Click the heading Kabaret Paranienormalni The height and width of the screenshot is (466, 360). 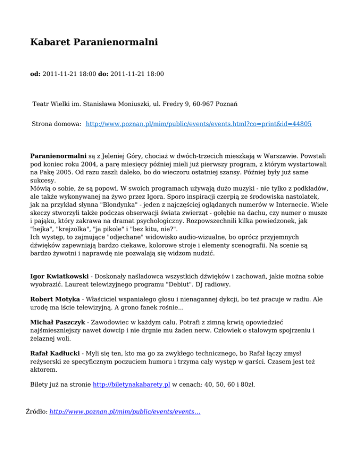click(x=94, y=43)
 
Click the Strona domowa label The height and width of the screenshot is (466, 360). click(x=57, y=124)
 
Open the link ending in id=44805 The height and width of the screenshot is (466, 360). click(x=199, y=124)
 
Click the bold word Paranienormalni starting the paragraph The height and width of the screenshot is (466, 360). click(x=58, y=154)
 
